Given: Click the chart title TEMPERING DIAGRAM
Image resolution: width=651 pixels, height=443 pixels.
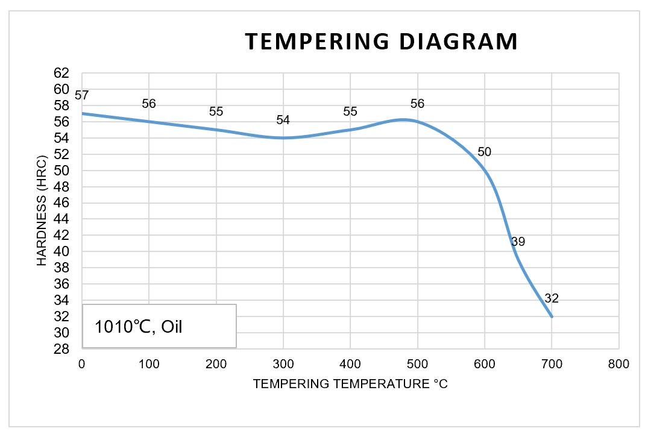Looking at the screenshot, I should [382, 41].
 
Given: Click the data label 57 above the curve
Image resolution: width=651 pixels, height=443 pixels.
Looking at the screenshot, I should [82, 95].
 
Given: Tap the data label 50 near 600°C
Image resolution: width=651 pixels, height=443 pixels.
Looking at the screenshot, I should [484, 152].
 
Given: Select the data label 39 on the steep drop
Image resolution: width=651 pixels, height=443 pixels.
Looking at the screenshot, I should [518, 242].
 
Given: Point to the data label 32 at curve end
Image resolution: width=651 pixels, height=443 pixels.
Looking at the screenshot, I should [552, 298].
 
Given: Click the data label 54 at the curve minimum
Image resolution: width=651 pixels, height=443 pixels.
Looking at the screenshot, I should [283, 120].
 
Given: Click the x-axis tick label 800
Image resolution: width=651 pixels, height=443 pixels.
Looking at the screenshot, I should [618, 364].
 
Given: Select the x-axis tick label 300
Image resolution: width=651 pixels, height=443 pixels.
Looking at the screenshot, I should [283, 364].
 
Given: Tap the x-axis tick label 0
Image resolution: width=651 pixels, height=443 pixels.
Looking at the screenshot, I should [82, 364].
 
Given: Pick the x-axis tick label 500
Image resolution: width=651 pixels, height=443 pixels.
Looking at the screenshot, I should [417, 364].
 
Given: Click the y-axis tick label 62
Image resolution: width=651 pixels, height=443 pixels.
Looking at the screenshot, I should [63, 73].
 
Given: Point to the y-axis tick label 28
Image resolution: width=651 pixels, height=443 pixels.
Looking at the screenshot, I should [63, 349].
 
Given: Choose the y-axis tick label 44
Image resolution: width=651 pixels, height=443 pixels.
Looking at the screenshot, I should [63, 219].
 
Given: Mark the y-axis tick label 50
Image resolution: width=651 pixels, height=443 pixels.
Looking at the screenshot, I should [63, 170].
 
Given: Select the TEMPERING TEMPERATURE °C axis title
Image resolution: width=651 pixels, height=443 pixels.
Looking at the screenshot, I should [350, 384].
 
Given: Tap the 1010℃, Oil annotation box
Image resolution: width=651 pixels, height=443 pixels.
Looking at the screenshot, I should [159, 326].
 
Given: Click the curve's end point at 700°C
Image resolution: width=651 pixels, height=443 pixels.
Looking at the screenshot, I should [552, 316].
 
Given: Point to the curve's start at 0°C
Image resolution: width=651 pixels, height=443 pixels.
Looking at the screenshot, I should [83, 113].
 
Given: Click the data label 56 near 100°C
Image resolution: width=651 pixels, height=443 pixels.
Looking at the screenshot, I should [149, 104].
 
